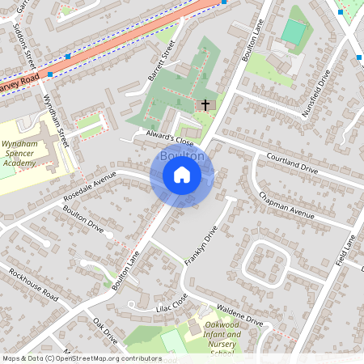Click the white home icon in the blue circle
(182, 175)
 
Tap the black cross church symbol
(205, 105)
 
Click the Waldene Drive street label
(239, 313)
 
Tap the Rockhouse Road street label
(35, 281)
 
